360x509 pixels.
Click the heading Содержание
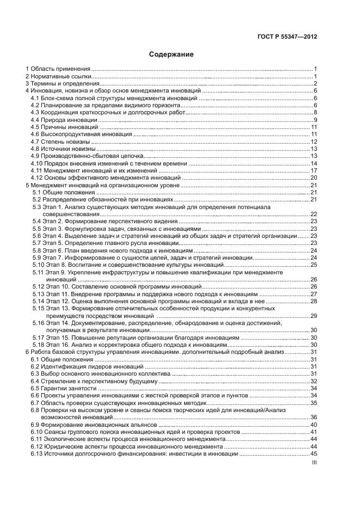coord(172,54)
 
